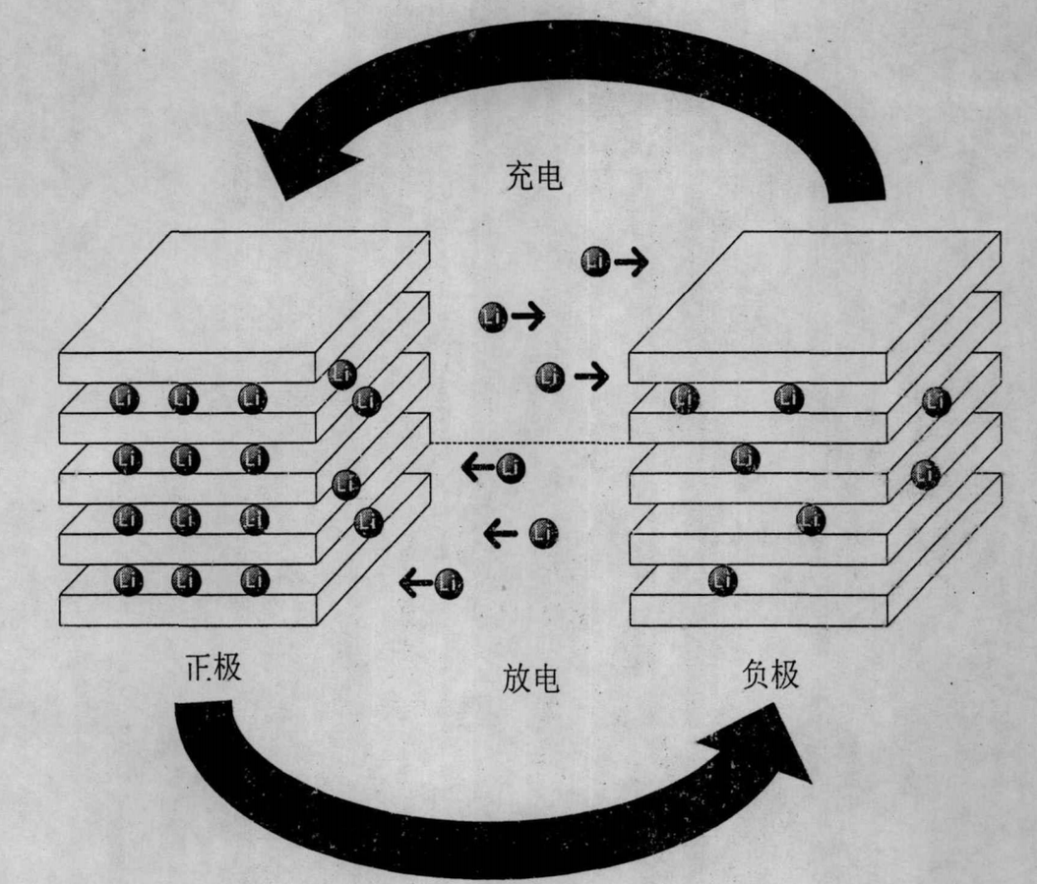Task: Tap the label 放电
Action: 530,679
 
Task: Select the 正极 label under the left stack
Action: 213,667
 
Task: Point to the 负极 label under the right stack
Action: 770,675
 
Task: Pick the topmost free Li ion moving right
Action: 595,261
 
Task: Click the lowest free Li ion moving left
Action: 448,582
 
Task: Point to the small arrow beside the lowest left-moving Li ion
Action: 415,582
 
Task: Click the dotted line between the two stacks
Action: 528,442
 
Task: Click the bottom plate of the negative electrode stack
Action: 759,610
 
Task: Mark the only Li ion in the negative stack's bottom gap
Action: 722,581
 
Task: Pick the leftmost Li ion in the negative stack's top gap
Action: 685,397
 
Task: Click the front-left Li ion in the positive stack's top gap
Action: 125,398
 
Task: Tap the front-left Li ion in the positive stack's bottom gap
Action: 127,580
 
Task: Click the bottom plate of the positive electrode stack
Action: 187,610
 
